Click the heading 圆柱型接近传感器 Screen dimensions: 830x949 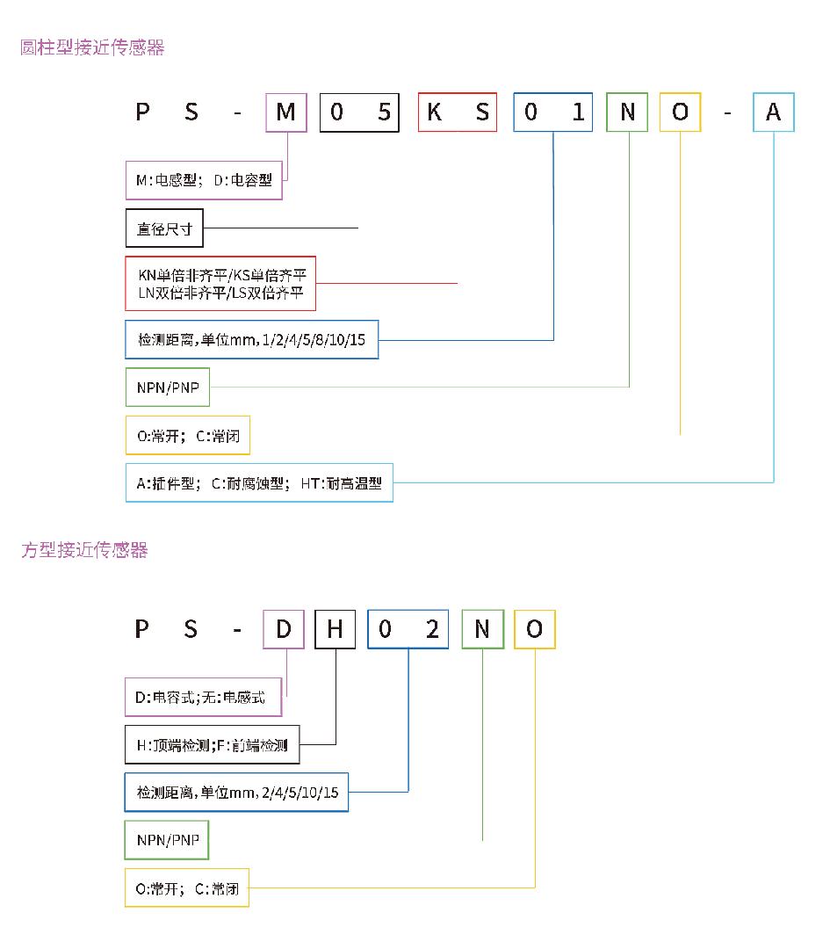pos(92,47)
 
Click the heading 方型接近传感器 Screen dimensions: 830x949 pos(84,549)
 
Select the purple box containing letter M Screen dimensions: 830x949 pos(286,112)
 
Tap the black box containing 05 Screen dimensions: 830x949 pos(359,112)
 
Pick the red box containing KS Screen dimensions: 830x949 pos(458,112)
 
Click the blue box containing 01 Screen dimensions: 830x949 pos(553,112)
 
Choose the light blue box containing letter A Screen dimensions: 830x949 pos(773,112)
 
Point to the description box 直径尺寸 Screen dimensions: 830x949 pos(164,228)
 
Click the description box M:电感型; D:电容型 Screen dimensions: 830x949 pos(204,180)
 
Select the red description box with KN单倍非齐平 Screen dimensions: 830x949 pos(220,284)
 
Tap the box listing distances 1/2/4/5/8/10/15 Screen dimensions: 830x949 pos(252,339)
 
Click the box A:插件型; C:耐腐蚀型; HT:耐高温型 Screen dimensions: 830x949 pos(259,483)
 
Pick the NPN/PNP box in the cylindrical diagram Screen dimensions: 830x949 pos(168,388)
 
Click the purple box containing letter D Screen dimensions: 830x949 pos(284,629)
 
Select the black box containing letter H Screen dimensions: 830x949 pos(336,629)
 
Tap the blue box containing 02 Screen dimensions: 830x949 pos(408,629)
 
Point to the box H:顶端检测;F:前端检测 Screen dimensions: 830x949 pos(212,745)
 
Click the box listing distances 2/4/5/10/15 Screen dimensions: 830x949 pos(236,793)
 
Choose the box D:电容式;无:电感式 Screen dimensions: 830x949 pos(203,697)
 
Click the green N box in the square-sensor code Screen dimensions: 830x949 pos(483,629)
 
